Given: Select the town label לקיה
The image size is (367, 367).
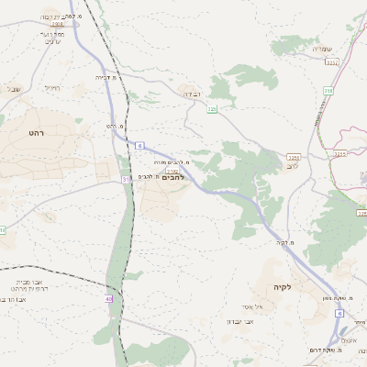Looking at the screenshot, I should click(282, 287).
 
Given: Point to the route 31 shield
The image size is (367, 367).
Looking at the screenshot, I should click(126, 180).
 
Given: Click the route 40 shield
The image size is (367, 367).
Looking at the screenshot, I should click(108, 299).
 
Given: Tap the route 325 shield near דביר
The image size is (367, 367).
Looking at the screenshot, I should click(212, 109).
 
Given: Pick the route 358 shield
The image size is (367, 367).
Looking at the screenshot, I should click(328, 92).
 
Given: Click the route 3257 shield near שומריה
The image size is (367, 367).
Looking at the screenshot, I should click(331, 62).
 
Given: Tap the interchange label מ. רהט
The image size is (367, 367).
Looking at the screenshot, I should click(114, 126).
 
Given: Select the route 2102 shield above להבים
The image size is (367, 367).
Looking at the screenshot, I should click(172, 169).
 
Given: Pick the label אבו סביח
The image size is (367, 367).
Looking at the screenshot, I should click(35, 284).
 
